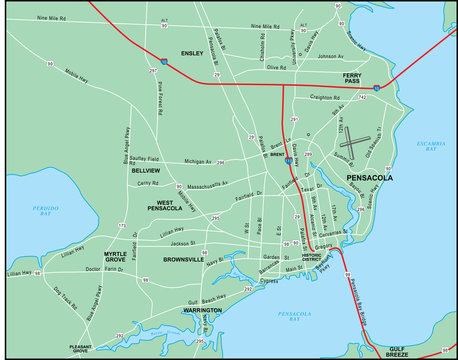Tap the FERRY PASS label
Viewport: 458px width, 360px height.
(353, 80)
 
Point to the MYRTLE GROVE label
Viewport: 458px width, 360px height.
(121, 258)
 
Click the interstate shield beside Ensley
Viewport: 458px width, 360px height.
(164, 60)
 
